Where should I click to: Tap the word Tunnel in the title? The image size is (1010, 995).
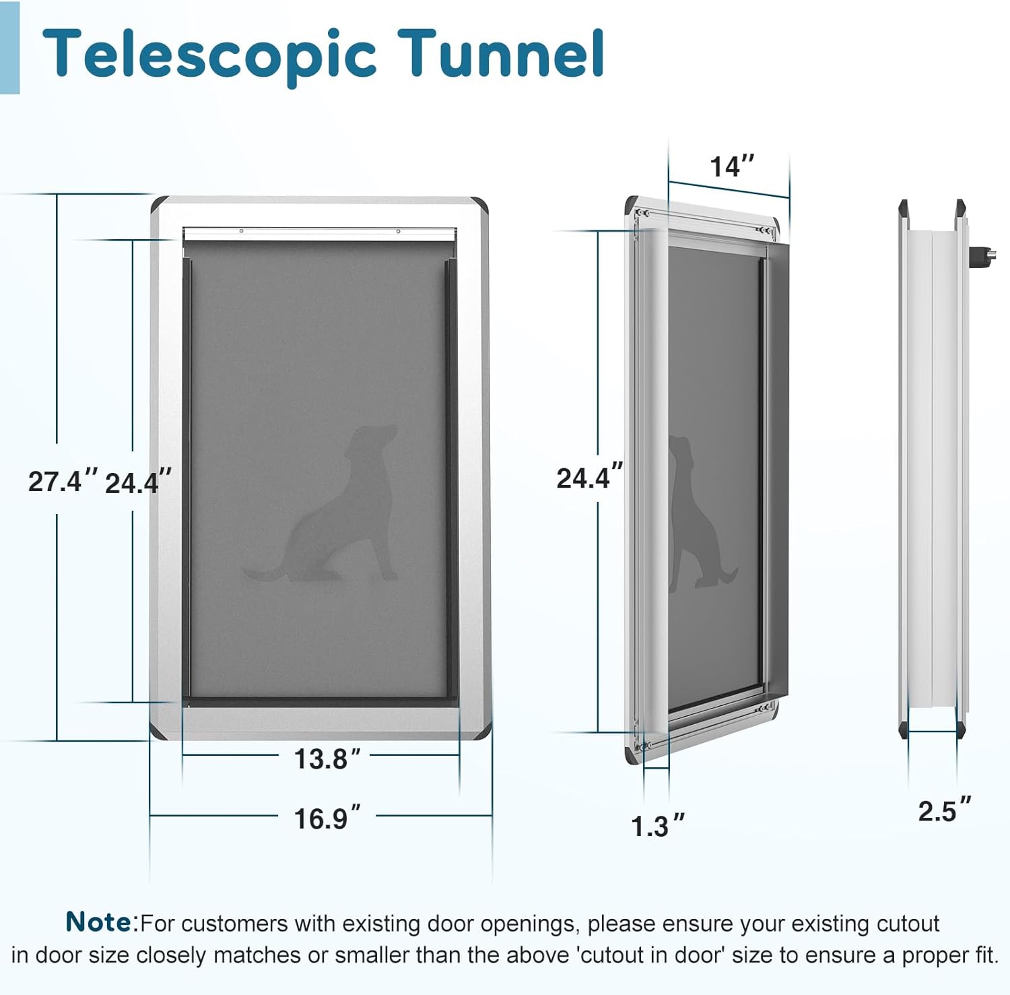(x=500, y=53)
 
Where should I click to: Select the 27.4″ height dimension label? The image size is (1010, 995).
(x=63, y=482)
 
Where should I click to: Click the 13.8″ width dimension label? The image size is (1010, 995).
(x=327, y=759)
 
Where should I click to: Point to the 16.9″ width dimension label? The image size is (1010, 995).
(x=327, y=819)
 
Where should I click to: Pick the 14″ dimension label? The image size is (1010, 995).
(x=732, y=166)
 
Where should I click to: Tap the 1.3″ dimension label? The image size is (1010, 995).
(x=657, y=827)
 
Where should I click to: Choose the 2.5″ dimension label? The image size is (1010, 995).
(x=945, y=810)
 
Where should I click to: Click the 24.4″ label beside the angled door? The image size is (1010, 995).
(x=589, y=477)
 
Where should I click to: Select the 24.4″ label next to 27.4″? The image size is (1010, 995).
(x=138, y=483)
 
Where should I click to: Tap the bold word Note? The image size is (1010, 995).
(x=100, y=922)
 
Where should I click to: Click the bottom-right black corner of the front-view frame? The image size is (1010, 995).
(x=481, y=731)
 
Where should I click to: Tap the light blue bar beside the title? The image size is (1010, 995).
(x=9, y=47)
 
